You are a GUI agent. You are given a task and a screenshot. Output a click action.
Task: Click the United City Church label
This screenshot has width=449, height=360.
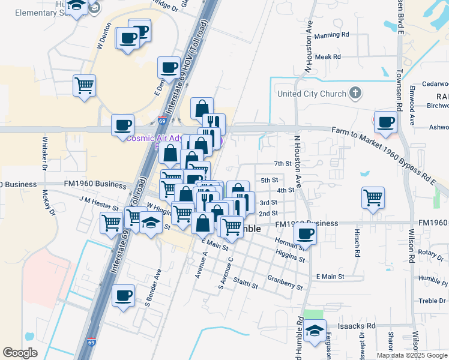click(312, 94)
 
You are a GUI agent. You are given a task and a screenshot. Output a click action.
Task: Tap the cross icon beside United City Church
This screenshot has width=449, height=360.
click(356, 94)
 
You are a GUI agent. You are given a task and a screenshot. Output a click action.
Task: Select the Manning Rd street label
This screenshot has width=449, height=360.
click(331, 35)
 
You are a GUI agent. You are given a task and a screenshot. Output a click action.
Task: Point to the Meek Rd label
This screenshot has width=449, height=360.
click(328, 57)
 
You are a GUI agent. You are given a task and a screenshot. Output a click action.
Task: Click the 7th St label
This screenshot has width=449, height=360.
click(282, 163)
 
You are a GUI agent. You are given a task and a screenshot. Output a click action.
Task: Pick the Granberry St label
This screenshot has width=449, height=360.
click(285, 282)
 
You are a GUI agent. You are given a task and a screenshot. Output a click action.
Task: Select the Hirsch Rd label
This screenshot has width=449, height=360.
click(355, 249)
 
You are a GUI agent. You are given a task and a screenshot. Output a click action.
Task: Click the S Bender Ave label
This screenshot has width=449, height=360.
click(152, 287)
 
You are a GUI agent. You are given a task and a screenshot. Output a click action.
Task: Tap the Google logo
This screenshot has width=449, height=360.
click(20, 352)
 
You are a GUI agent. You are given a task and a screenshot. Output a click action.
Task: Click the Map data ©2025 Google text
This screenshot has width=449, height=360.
click(411, 355)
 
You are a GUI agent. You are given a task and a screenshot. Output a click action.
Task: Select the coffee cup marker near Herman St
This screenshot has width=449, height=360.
click(306, 233)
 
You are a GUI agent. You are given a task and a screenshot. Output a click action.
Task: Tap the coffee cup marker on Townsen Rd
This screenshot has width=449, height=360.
click(385, 122)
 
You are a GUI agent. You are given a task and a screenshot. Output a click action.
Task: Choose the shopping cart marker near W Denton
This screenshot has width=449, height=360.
click(85, 85)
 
